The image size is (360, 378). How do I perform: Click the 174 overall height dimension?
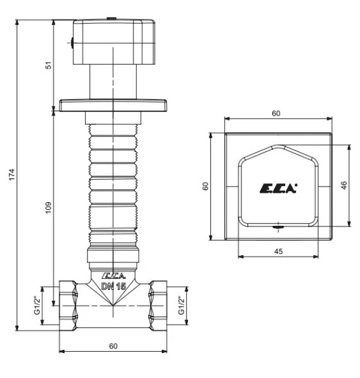click(x=10, y=175)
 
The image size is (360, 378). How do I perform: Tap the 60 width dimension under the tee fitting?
click(x=113, y=345)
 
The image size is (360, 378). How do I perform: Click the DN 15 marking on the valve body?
click(x=113, y=286)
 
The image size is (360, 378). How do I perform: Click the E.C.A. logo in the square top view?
click(x=278, y=189)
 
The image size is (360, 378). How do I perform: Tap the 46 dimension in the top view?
click(x=344, y=186)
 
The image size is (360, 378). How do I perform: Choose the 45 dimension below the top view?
click(x=278, y=250)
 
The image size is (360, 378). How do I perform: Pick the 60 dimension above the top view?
click(x=277, y=113)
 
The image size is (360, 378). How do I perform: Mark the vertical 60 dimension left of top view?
click(x=205, y=186)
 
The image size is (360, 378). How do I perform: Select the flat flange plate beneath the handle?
click(x=113, y=105)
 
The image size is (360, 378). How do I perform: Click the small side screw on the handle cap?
click(x=71, y=43)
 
